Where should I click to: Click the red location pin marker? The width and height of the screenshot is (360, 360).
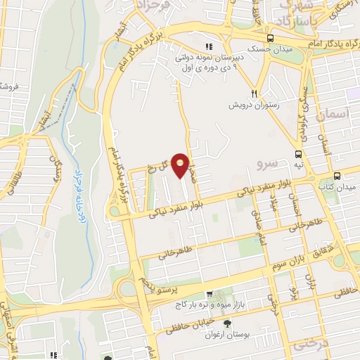[181, 165]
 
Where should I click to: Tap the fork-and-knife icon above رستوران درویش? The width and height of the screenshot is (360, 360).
[255, 94]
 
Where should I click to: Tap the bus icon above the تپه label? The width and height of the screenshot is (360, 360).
[300, 154]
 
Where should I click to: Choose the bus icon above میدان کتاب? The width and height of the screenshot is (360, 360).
[337, 176]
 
